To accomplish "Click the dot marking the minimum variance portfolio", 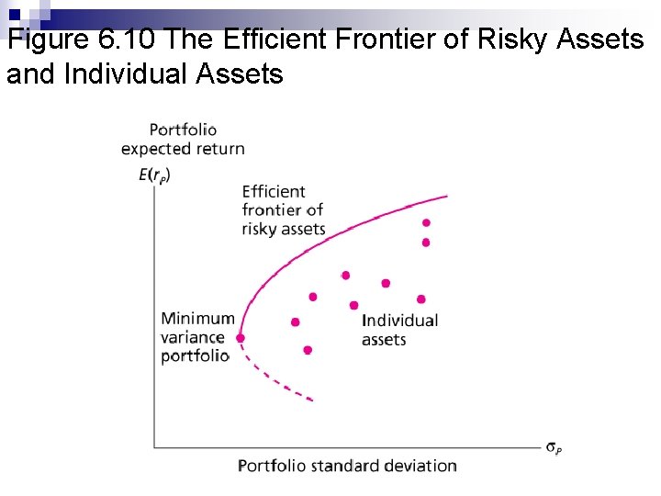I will pyautogui.click(x=241, y=338).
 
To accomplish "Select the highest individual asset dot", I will pyautogui.click(x=426, y=222).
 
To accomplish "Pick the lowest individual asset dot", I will pyautogui.click(x=308, y=350).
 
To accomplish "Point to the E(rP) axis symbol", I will pyautogui.click(x=154, y=174).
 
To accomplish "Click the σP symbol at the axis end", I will pyautogui.click(x=555, y=448).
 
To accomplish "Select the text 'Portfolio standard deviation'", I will pyautogui.click(x=347, y=466).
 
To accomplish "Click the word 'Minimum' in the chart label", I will pyautogui.click(x=197, y=319).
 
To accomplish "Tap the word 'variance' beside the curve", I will pyautogui.click(x=192, y=337).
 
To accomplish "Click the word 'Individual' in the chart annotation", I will pyautogui.click(x=399, y=321).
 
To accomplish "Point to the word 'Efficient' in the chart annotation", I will pyautogui.click(x=274, y=192).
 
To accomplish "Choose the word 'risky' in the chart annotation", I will pyautogui.click(x=260, y=229).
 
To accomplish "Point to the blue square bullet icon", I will pyautogui.click(x=16, y=15).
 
